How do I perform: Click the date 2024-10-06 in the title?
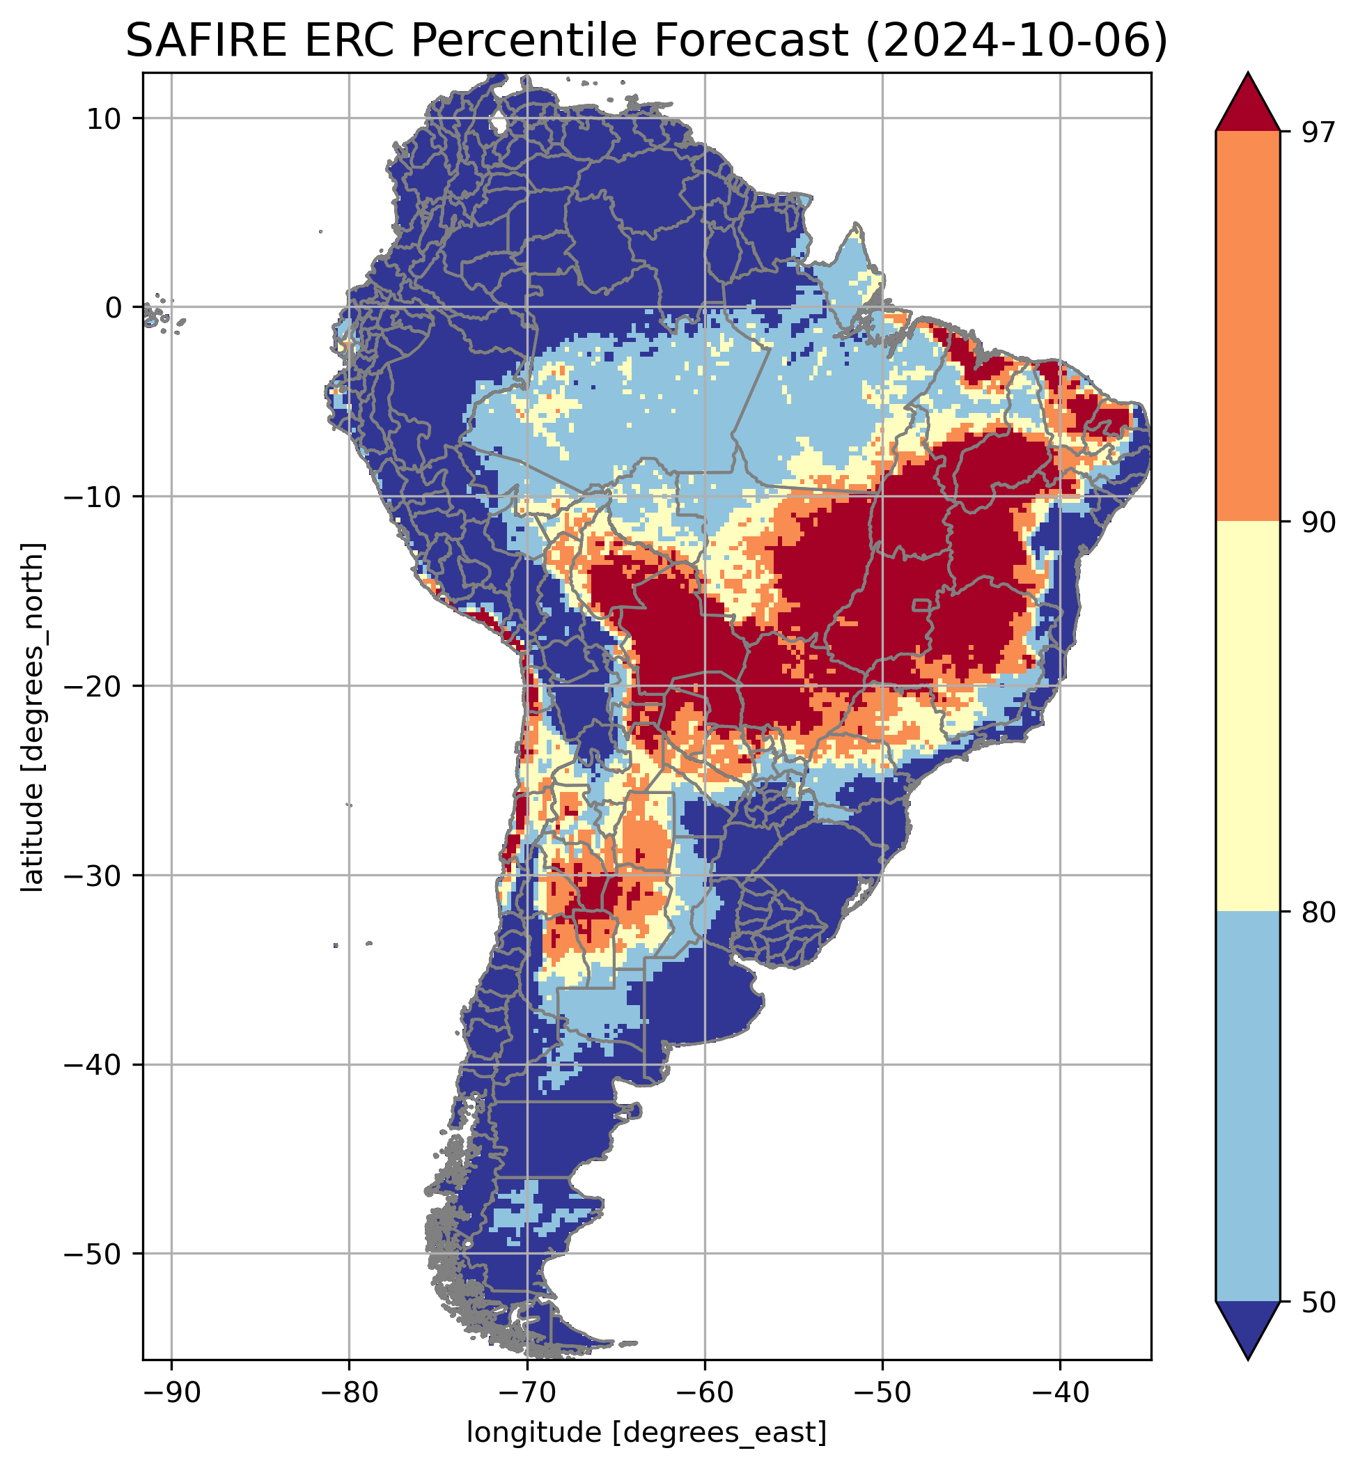[x=1016, y=40]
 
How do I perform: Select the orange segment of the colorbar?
[x=1248, y=327]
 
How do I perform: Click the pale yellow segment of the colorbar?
[x=1248, y=717]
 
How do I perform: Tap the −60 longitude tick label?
[x=704, y=1391]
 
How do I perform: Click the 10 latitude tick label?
[x=104, y=118]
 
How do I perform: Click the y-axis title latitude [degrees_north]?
[x=33, y=717]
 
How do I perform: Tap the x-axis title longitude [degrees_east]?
[x=647, y=1432]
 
